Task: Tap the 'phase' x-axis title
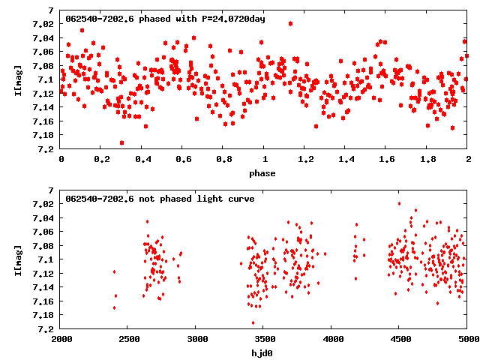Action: [x=262, y=173]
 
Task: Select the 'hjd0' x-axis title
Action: [x=262, y=353]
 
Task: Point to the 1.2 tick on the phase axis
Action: [x=304, y=160]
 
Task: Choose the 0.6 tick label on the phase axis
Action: [x=183, y=160]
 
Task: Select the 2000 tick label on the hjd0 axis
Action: [x=61, y=340]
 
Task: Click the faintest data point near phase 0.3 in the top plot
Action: [x=121, y=142]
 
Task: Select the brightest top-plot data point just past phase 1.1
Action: [x=290, y=23]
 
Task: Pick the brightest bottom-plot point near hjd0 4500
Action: [x=399, y=203]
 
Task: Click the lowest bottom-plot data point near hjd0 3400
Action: [x=253, y=323]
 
